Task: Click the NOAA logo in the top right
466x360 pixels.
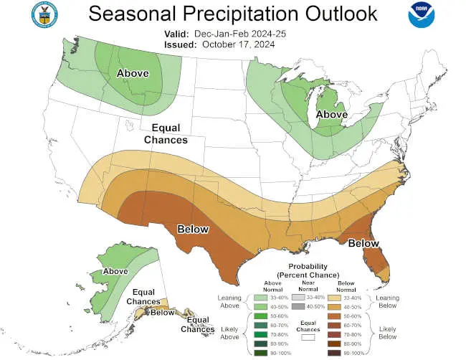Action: click(x=422, y=15)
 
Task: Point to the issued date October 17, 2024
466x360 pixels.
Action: click(x=239, y=44)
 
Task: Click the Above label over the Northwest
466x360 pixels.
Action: click(x=133, y=72)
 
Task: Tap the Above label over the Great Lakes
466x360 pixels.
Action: click(x=332, y=114)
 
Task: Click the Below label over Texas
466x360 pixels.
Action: click(x=193, y=229)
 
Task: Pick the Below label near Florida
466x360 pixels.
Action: click(x=363, y=244)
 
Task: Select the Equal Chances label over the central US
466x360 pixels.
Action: click(x=166, y=133)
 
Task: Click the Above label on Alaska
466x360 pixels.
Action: click(x=115, y=272)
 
